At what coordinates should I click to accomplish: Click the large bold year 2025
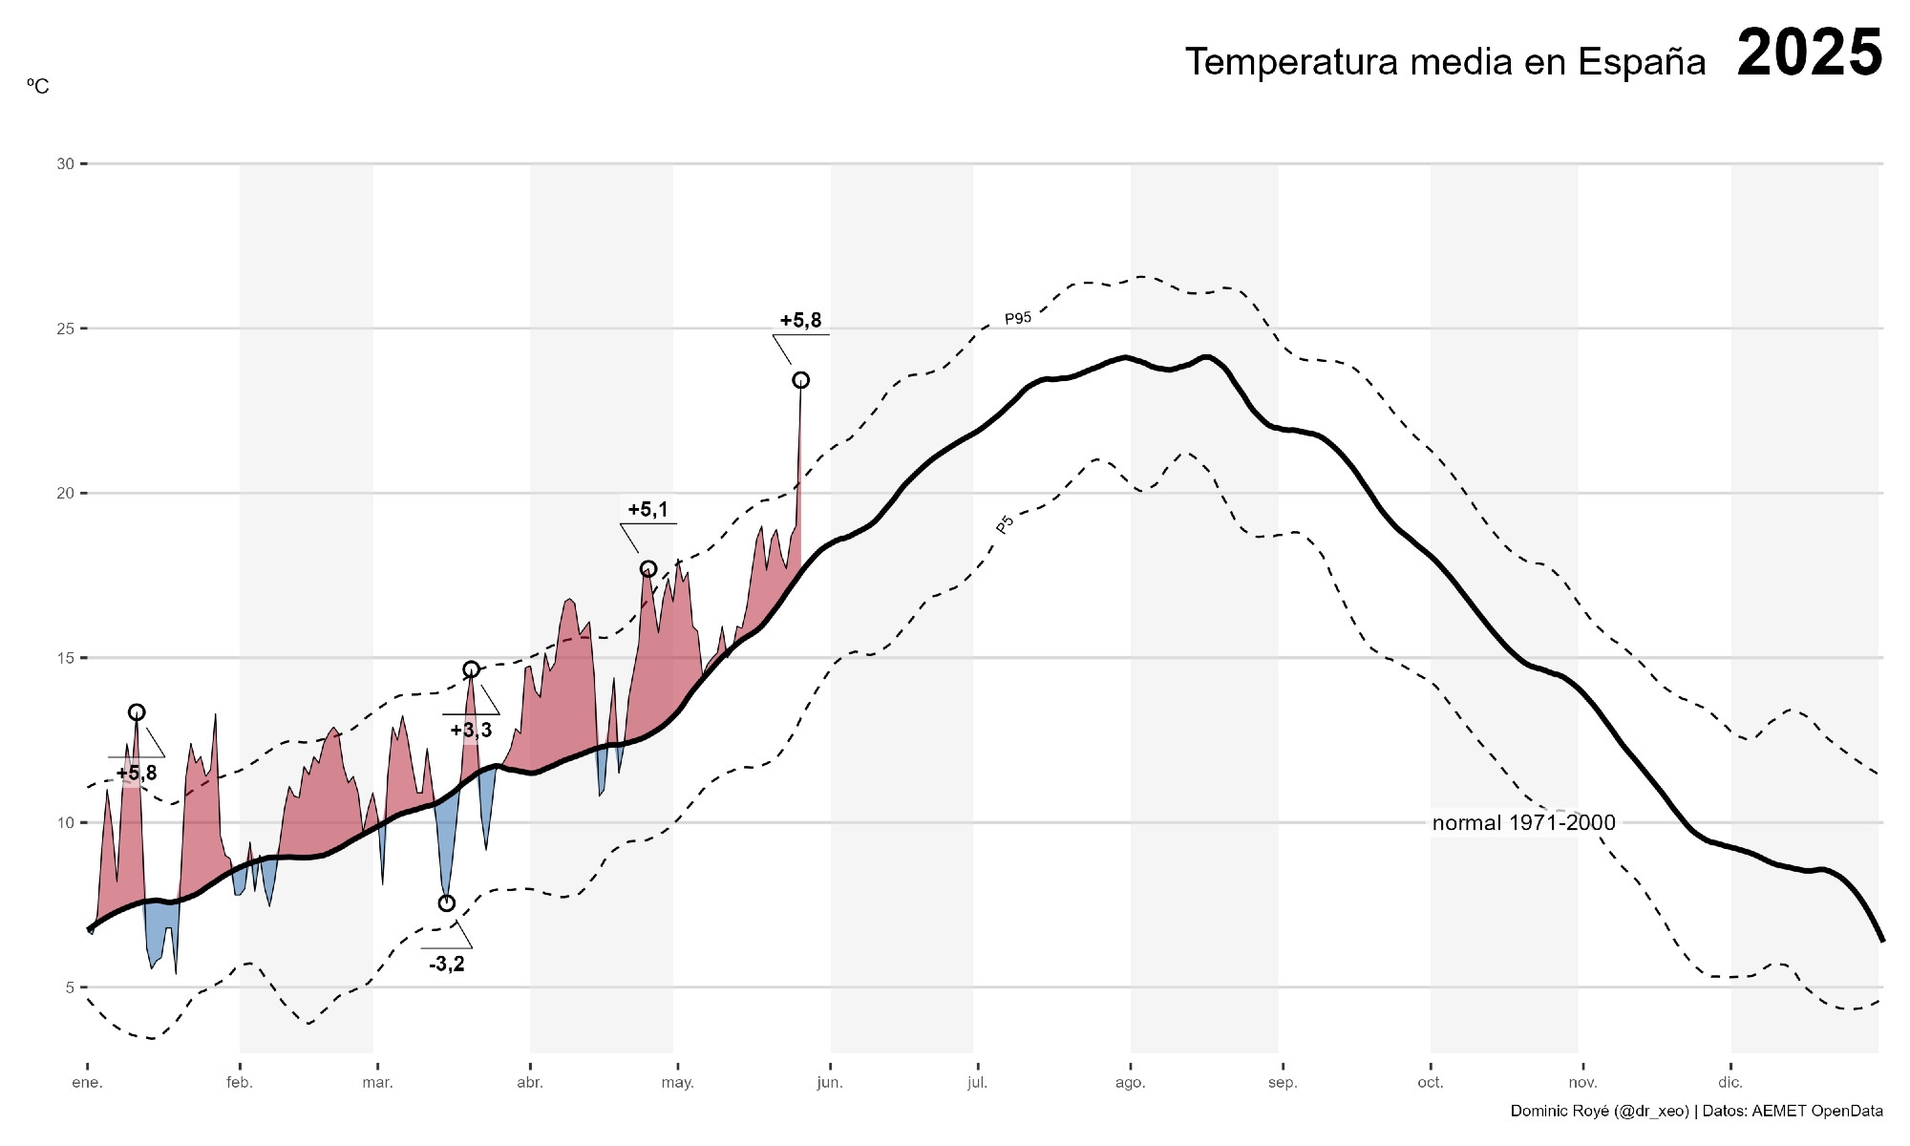pyautogui.click(x=1809, y=53)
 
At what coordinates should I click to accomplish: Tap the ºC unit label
pyautogui.click(x=37, y=87)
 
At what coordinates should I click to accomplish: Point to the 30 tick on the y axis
pyautogui.click(x=65, y=164)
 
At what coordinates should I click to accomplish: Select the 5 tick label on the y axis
pyautogui.click(x=70, y=987)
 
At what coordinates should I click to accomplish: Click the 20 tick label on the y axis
pyautogui.click(x=65, y=494)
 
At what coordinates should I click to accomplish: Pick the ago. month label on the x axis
pyautogui.click(x=1130, y=1083)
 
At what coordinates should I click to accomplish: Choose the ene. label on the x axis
pyautogui.click(x=87, y=1083)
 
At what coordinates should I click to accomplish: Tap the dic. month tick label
pyautogui.click(x=1730, y=1083)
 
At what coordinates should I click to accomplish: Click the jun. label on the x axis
pyautogui.click(x=830, y=1083)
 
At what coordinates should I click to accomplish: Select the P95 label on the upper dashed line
pyautogui.click(x=1018, y=318)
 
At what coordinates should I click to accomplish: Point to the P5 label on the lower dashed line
pyautogui.click(x=1005, y=524)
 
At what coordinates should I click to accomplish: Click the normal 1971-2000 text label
pyautogui.click(x=1523, y=823)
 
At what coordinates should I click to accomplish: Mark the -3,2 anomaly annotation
pyautogui.click(x=447, y=965)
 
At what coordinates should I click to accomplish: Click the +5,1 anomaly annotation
pyautogui.click(x=647, y=510)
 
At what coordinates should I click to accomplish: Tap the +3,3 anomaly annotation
pyautogui.click(x=471, y=731)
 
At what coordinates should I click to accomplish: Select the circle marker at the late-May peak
pyautogui.click(x=800, y=380)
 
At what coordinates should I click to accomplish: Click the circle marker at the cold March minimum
pyautogui.click(x=447, y=903)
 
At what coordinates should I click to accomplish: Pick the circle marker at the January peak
pyautogui.click(x=137, y=712)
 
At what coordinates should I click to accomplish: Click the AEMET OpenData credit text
pyautogui.click(x=1816, y=1111)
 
